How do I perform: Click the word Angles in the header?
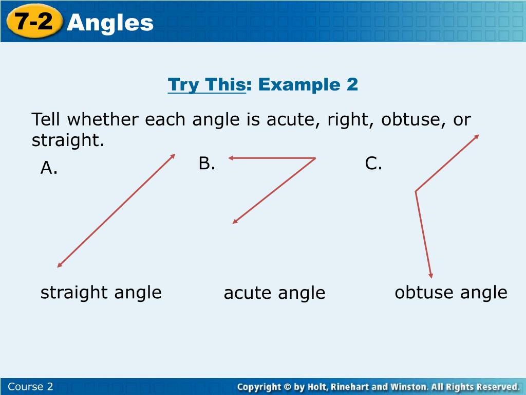(110, 23)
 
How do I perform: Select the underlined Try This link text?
(206, 84)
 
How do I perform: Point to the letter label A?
(49, 168)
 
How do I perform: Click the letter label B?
(206, 164)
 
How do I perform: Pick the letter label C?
(373, 164)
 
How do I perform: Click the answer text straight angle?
(101, 292)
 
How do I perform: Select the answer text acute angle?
(274, 293)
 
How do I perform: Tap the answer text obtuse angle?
(450, 292)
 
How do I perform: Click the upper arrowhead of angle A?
(173, 156)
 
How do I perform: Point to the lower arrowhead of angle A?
(60, 265)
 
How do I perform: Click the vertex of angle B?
(314, 158)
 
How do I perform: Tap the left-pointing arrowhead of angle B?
(231, 158)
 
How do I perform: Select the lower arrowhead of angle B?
(235, 221)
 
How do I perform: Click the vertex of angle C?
(416, 191)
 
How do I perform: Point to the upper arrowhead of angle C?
(477, 136)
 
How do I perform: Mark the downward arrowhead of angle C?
(431, 275)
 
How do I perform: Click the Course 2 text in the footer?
(31, 387)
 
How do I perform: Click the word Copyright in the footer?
(259, 387)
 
